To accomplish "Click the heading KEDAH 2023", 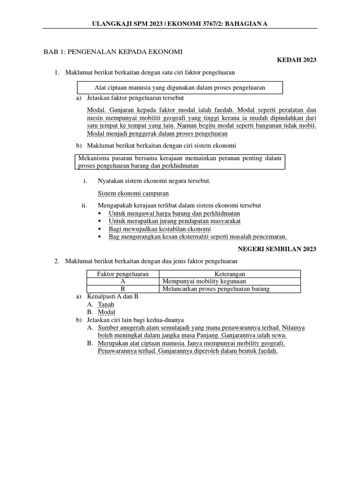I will point(297,60).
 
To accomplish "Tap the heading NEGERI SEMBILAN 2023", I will point(277,249).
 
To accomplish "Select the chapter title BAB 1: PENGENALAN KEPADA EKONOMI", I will point(113,51).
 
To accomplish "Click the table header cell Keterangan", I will point(230,274).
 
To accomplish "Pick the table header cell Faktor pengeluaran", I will point(123,274).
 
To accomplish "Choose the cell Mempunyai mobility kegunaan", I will point(204,281).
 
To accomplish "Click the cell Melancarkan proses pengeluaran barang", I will point(216,289).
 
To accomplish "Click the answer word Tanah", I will point(106,304).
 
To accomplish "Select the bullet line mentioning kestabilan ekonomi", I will point(159,229).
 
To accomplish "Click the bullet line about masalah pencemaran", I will point(198,237).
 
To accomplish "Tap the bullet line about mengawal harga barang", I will point(174,213).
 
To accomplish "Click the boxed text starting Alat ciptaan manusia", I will point(180,88).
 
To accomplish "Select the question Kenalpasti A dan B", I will point(113,297).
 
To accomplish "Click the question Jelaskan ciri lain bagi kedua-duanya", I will point(135,320).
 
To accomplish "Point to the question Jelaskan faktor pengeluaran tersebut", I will point(135,98).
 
